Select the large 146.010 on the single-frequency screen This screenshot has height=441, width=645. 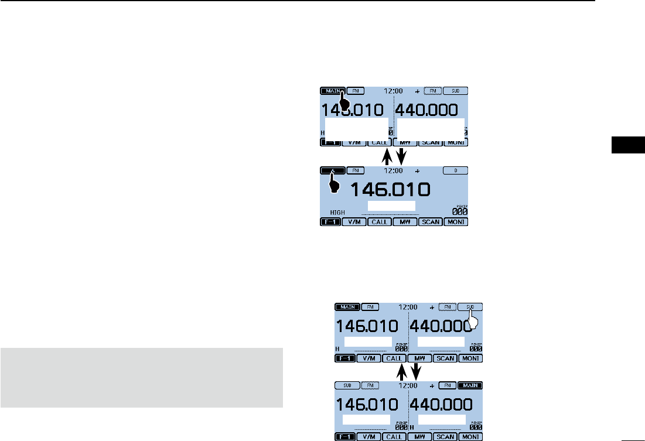390,189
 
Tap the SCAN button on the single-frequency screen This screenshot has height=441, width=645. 431,223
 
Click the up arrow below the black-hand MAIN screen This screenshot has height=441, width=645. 386,156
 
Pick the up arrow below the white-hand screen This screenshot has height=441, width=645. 401,370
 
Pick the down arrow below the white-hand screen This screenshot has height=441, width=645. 417,370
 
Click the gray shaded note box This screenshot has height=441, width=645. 142,378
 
